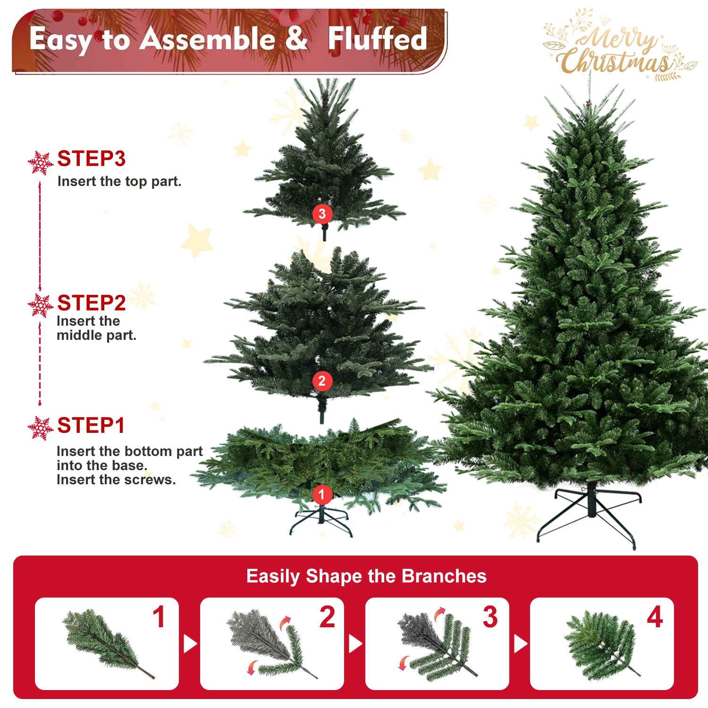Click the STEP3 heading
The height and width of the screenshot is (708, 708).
[x=91, y=159]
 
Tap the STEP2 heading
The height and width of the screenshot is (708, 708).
[x=91, y=303]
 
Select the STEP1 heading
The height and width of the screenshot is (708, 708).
[x=91, y=426]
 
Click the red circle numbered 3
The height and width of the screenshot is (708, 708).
[x=322, y=214]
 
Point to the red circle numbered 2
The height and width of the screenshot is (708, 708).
[x=322, y=381]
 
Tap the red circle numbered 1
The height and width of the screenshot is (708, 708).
[x=322, y=495]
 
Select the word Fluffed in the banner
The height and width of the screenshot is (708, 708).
[x=378, y=39]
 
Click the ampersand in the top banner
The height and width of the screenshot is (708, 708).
[x=296, y=39]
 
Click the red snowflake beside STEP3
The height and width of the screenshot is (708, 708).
[x=40, y=163]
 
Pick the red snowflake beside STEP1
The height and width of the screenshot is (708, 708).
[x=40, y=429]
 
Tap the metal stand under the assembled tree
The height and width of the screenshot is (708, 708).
[x=590, y=514]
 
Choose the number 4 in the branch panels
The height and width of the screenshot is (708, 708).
[x=655, y=617]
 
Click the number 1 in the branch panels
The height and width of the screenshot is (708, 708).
[x=159, y=617]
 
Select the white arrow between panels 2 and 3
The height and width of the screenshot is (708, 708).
[x=355, y=643]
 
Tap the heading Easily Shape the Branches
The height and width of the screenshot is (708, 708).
[x=366, y=576]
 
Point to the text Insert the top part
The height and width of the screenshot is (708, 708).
[x=119, y=182]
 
